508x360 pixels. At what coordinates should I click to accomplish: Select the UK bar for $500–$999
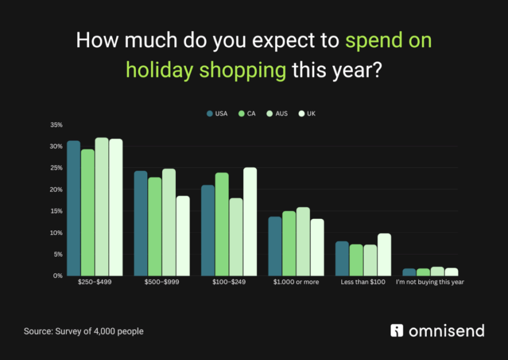183,236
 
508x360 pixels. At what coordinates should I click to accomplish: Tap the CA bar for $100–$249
222,224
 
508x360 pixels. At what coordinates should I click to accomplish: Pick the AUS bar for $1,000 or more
303,241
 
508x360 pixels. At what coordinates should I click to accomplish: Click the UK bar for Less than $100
384,255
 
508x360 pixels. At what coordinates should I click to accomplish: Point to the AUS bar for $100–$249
236,237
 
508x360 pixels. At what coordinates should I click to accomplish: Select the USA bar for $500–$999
141,223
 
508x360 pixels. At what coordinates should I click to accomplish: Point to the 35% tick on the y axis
56,125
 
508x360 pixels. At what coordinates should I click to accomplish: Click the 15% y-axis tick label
56,211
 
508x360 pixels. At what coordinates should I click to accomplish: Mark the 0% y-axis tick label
58,276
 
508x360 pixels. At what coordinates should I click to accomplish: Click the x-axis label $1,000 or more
296,283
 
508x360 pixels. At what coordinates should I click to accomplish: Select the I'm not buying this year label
430,283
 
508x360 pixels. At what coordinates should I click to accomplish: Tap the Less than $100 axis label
363,283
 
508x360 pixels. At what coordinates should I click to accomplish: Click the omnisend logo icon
397,331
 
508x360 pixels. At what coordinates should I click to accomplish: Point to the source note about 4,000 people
84,331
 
